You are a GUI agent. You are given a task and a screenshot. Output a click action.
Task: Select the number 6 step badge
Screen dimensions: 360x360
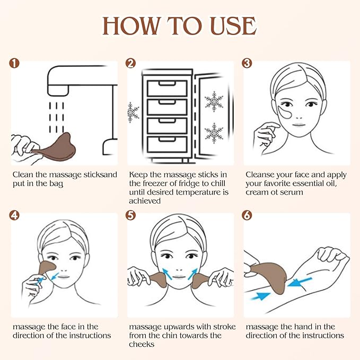click(247, 215)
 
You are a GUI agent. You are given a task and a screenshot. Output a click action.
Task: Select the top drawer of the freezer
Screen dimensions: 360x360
click(166, 88)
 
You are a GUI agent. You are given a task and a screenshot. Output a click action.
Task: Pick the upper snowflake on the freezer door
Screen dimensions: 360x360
click(214, 101)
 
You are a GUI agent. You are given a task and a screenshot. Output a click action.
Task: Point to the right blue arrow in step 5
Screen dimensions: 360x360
click(191, 274)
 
